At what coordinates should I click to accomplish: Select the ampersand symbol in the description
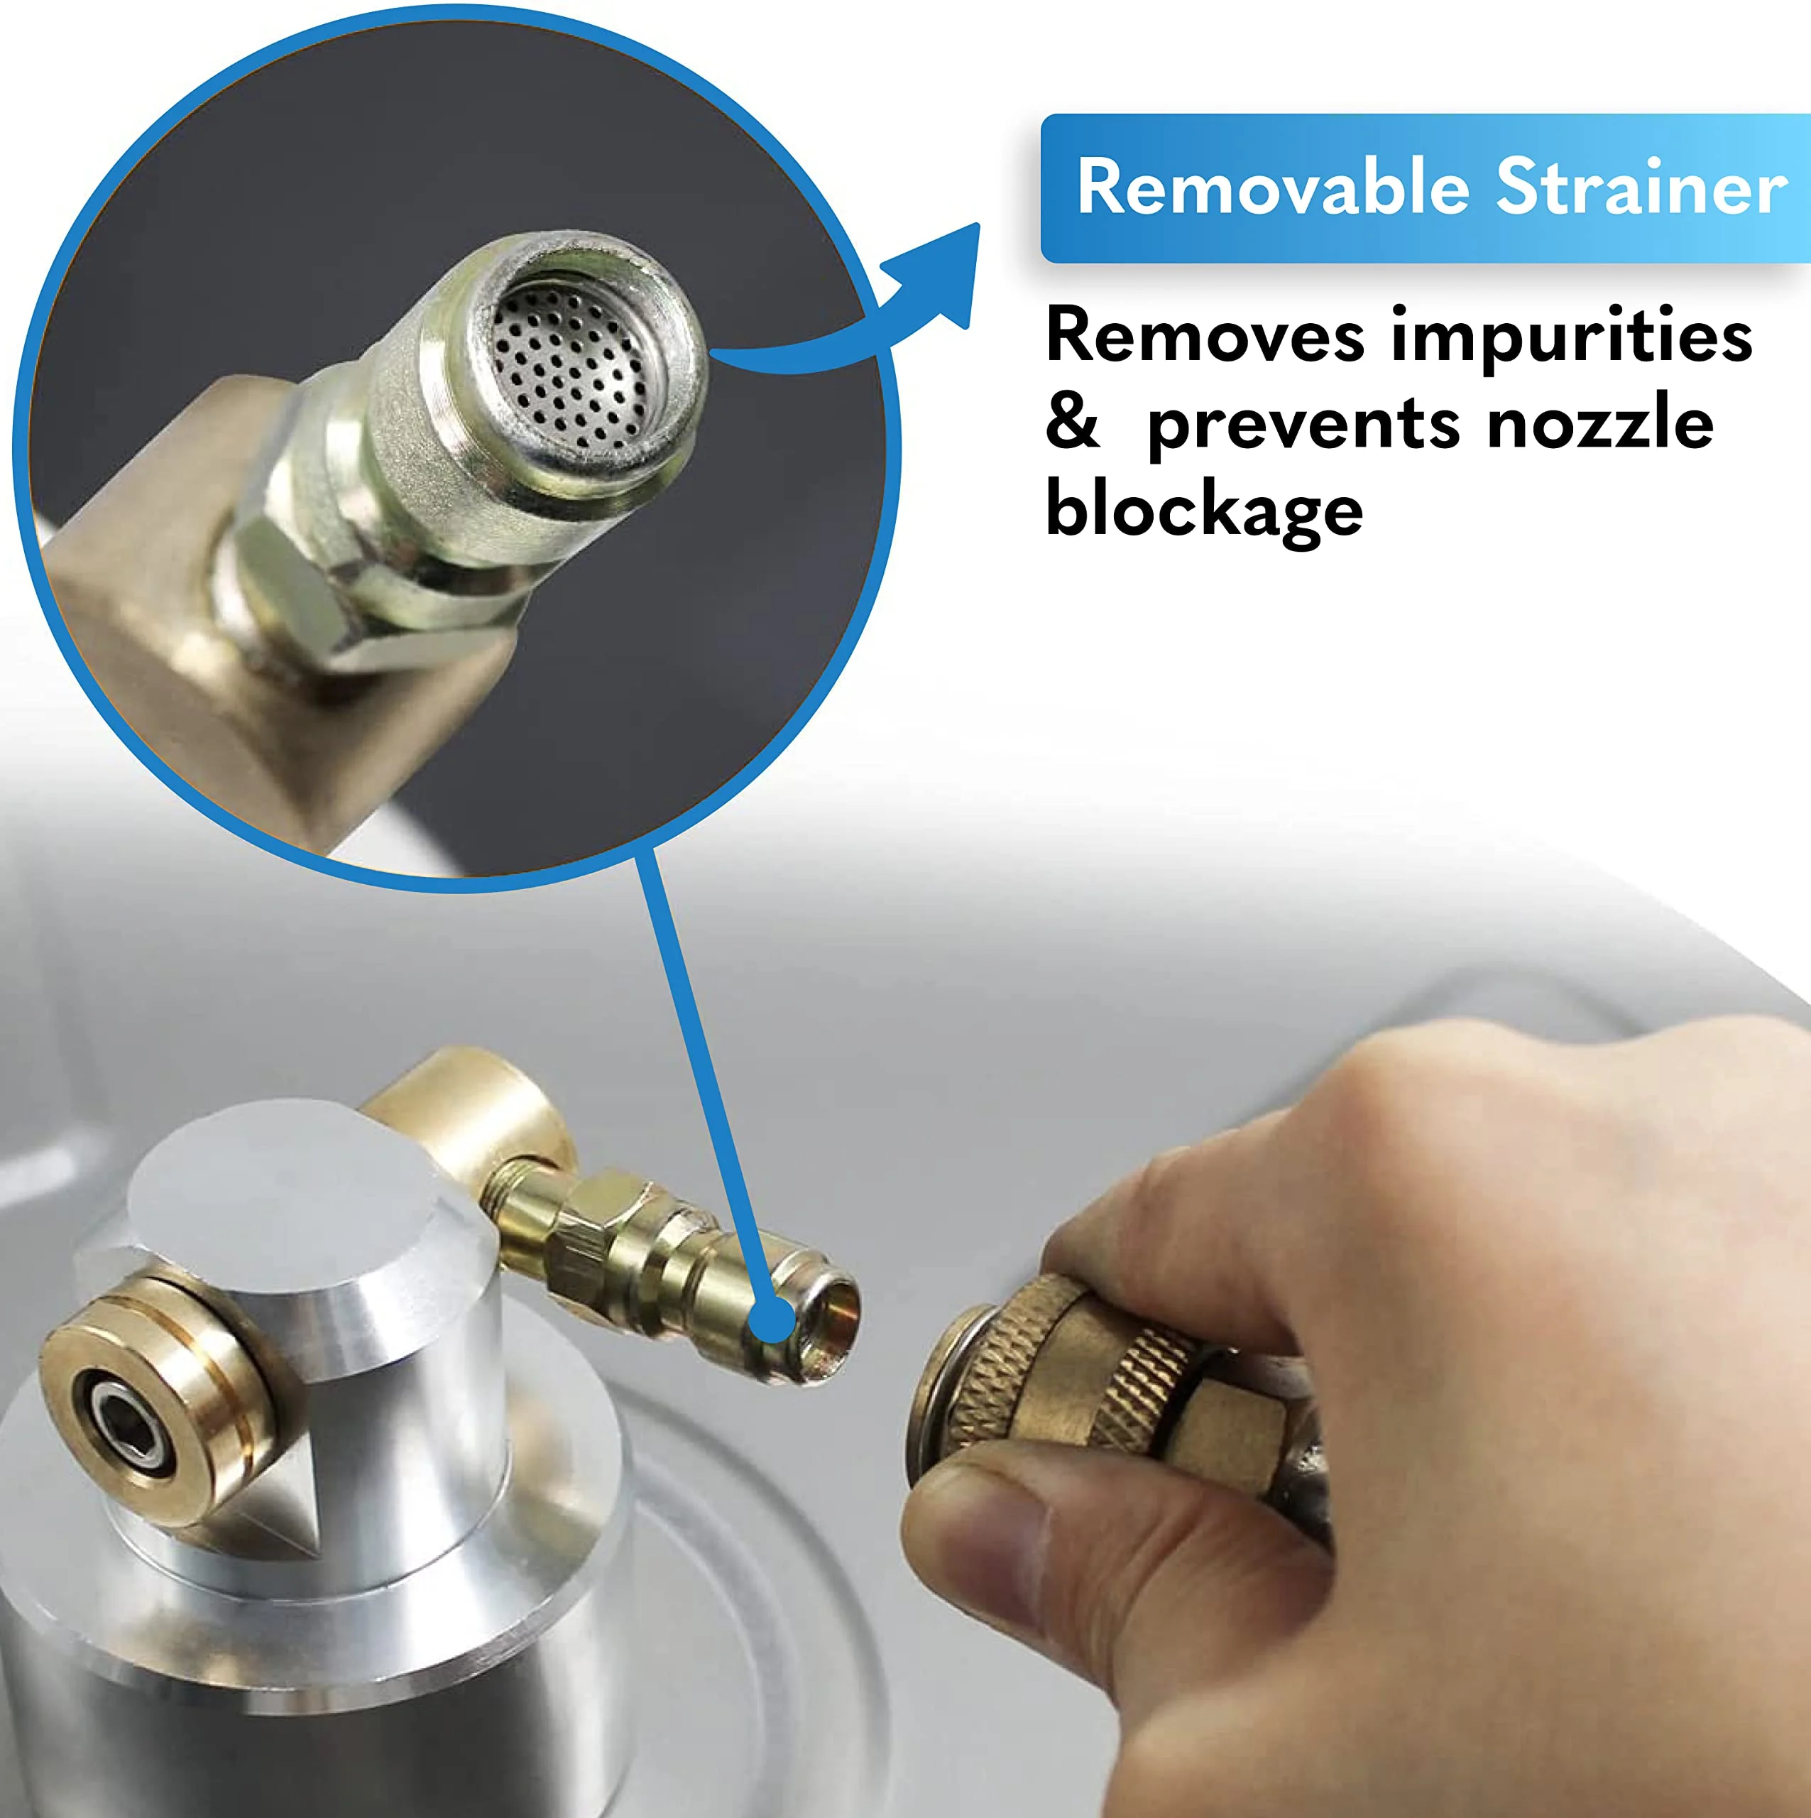1073,423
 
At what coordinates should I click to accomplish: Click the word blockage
1204,511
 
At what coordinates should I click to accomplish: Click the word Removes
1205,336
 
